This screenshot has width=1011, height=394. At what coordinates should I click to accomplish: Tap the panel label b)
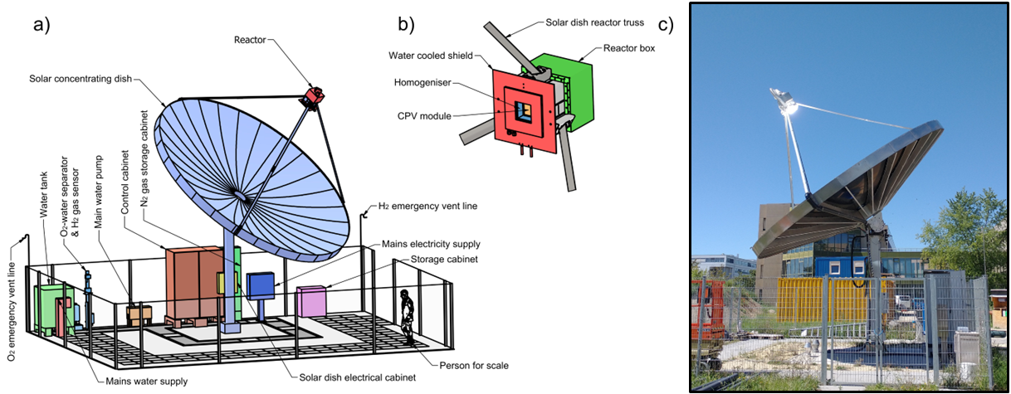click(406, 24)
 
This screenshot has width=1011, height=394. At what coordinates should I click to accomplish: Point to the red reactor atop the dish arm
click(312, 96)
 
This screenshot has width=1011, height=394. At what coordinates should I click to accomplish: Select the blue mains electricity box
click(260, 286)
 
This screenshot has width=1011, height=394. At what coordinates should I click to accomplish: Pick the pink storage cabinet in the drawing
click(312, 300)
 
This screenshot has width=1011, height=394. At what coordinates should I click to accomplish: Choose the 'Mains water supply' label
click(146, 382)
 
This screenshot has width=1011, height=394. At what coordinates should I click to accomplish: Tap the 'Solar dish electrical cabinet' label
click(357, 378)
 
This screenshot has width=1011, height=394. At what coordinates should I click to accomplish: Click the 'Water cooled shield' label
click(429, 56)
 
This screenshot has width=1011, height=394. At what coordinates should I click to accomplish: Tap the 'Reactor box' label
click(629, 48)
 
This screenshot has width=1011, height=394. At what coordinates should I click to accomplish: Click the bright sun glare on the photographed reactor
click(788, 106)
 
